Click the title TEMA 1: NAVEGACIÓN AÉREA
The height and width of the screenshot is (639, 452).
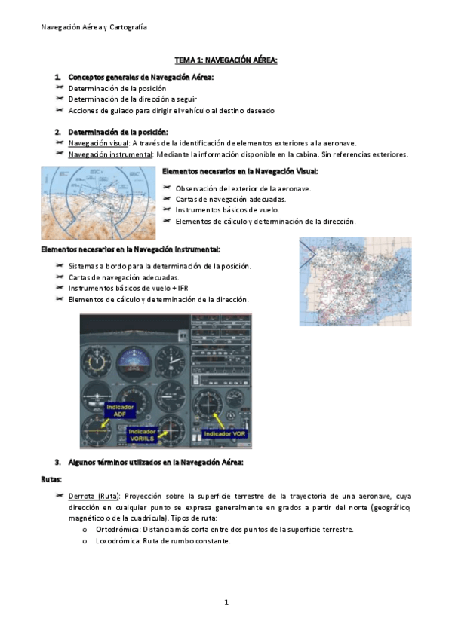pos(226,60)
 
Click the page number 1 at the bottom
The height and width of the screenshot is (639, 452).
pos(226,602)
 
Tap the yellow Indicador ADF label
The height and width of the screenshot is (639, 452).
pos(120,411)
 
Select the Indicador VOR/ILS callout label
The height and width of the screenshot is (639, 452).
pos(142,435)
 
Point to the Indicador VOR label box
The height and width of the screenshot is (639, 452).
pos(224,433)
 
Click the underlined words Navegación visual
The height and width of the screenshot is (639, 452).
pos(98,143)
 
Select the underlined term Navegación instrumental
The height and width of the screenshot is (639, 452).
pos(110,155)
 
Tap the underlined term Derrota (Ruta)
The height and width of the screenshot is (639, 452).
pos(94,497)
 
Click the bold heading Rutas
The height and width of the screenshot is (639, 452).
pos(51,480)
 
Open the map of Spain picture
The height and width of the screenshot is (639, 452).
pos(355,281)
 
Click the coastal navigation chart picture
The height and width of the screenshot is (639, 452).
pos(98,203)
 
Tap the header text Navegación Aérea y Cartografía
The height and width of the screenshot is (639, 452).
pos(94,27)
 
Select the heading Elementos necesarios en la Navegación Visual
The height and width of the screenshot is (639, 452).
pos(240,172)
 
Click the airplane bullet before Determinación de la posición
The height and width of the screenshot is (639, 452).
pos(60,87)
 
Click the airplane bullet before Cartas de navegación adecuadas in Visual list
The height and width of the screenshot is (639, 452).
pos(167,198)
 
